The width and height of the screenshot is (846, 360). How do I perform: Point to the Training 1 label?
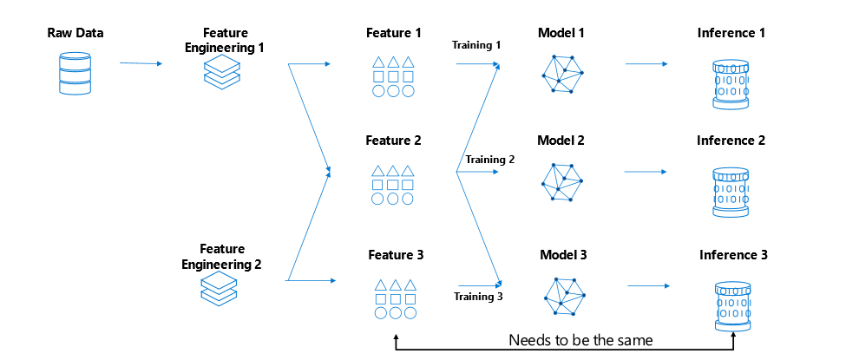475,43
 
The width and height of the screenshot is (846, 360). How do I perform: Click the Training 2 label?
489,160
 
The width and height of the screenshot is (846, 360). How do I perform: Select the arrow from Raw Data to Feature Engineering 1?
141,63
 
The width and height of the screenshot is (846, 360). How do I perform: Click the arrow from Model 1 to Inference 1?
646,64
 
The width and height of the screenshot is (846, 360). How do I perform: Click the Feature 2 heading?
393,140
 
